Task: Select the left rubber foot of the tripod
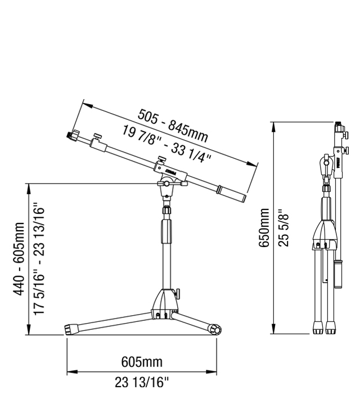[x=71, y=330]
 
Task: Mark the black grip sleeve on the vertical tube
[x=166, y=232]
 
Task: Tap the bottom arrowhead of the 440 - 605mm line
[x=29, y=333]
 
